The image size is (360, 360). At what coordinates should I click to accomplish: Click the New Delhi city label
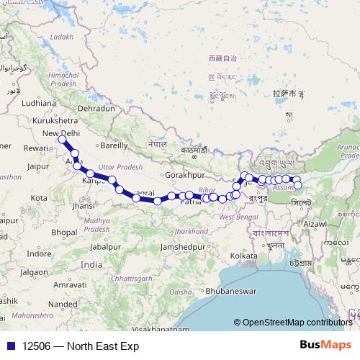[x=60, y=134]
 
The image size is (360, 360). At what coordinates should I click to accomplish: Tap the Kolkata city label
[x=243, y=256]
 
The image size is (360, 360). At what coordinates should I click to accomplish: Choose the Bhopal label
[x=63, y=232]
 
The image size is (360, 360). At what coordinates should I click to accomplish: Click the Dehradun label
[x=96, y=108]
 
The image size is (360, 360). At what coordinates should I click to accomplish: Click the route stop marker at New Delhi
[x=63, y=138]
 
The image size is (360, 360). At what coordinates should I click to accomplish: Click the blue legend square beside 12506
[x=8, y=346]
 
